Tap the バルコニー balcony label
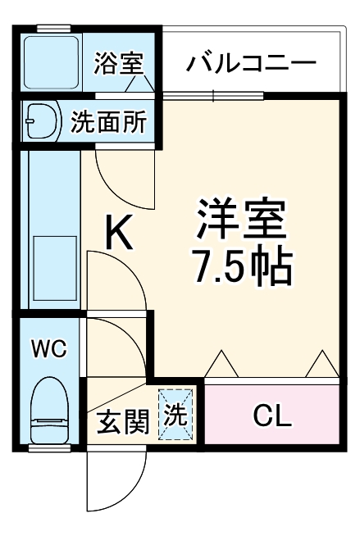click(250, 62)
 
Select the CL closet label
click(271, 416)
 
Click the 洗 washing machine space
click(177, 415)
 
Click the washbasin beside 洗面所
click(40, 122)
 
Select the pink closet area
click(271, 416)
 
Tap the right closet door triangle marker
click(321, 362)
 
